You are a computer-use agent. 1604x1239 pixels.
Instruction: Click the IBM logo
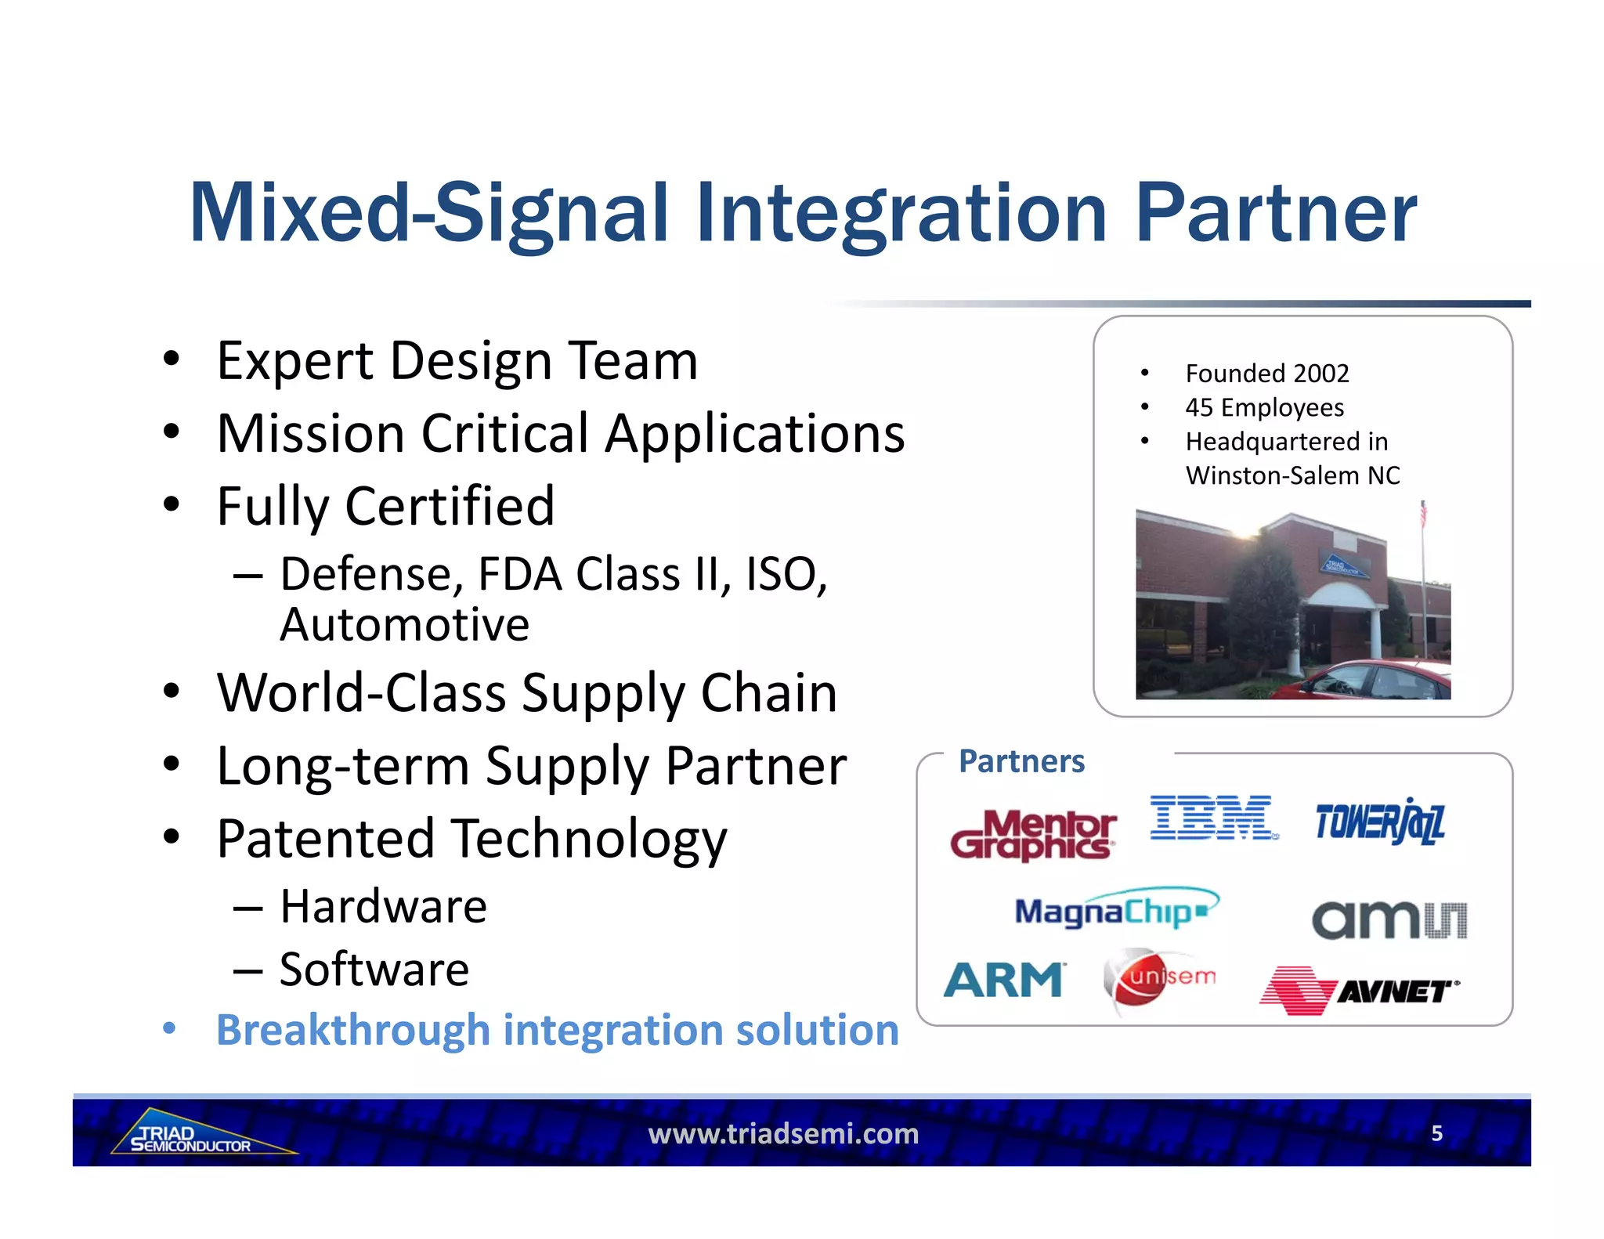(1212, 818)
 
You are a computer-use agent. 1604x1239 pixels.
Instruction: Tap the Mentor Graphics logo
(1033, 836)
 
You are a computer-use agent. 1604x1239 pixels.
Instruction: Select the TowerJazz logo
(1379, 822)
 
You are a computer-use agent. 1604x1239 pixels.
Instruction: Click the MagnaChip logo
(1115, 910)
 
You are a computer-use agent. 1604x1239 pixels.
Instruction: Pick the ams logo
(1389, 920)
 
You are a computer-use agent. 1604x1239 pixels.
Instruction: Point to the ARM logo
(1003, 980)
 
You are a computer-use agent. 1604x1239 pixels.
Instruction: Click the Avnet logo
(1359, 991)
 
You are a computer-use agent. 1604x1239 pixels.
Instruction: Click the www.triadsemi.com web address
(783, 1133)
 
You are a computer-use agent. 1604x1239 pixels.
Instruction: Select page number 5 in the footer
(1436, 1133)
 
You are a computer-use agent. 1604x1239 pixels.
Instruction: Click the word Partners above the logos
(1021, 761)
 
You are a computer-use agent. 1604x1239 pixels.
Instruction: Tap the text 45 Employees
(1264, 407)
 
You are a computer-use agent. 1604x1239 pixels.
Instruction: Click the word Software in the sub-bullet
(374, 970)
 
